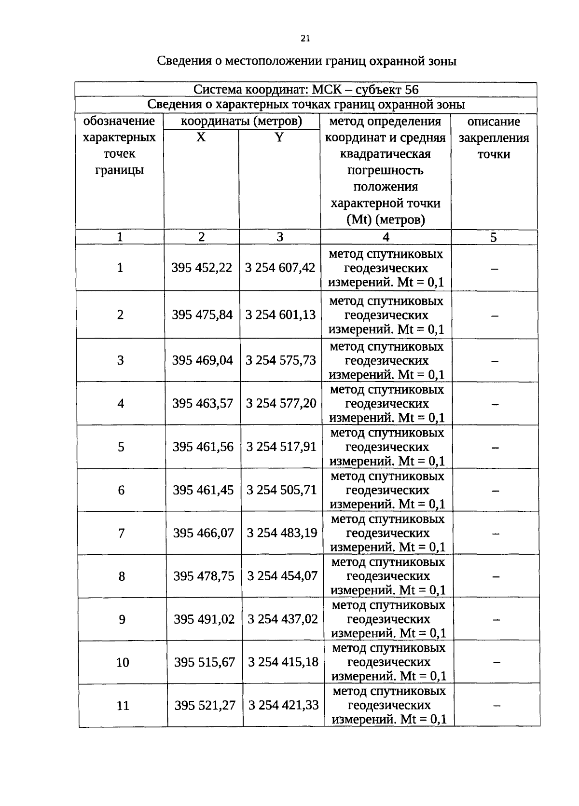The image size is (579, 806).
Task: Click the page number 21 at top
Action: click(304, 39)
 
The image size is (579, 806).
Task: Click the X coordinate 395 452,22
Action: click(202, 268)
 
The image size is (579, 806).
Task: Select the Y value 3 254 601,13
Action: click(280, 315)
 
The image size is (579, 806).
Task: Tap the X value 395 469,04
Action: click(202, 360)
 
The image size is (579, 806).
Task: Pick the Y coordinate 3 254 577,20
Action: click(281, 403)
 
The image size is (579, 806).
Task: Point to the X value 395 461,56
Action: click(203, 447)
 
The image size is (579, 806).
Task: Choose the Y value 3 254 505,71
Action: click(281, 490)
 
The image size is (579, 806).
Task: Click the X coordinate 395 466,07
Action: click(203, 533)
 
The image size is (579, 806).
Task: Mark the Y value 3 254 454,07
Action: click(282, 576)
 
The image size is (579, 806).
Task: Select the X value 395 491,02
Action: click(204, 619)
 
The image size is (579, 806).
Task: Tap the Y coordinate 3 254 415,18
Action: click(283, 662)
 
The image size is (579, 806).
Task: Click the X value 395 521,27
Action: click(205, 706)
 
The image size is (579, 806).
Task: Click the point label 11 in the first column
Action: click(123, 706)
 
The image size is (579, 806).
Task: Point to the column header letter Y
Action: click(279, 137)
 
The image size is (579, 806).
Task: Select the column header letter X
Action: click(201, 137)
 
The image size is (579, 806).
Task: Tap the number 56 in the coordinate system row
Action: click(412, 90)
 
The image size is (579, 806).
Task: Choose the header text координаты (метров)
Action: click(241, 121)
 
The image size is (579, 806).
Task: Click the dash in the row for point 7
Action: click(495, 533)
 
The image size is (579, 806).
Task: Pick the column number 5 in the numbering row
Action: click(493, 237)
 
